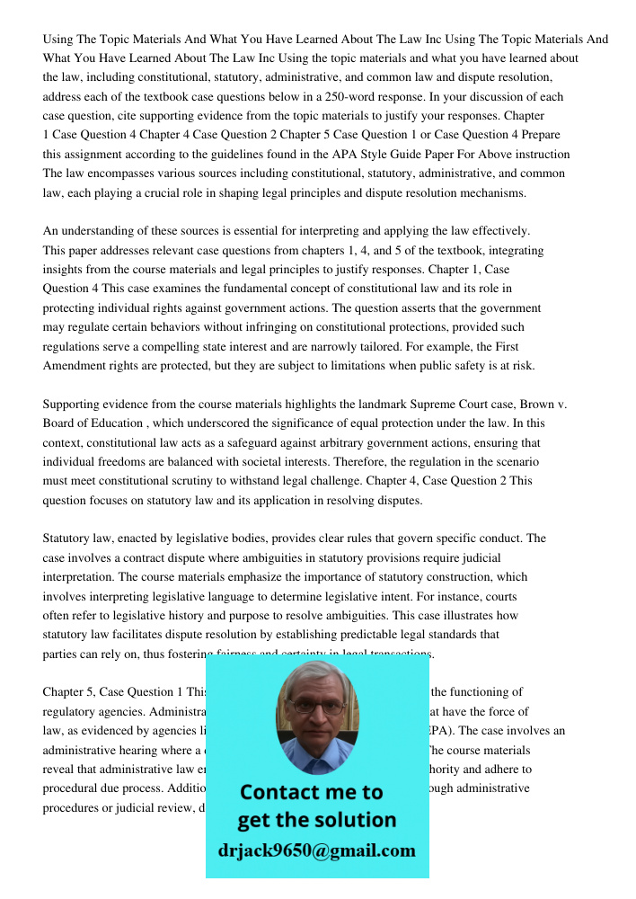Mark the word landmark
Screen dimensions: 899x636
click(x=368, y=404)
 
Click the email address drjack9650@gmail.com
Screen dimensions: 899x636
click(x=317, y=850)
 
